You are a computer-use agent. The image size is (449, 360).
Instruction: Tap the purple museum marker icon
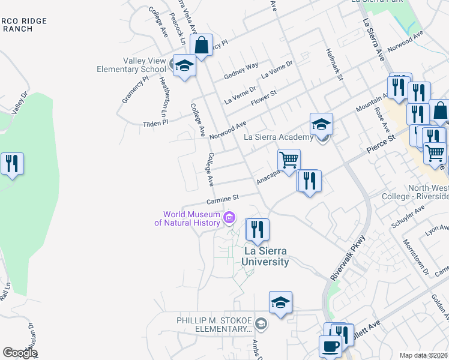pyautogui.click(x=229, y=218)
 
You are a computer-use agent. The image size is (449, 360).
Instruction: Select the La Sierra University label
pyautogui.click(x=266, y=256)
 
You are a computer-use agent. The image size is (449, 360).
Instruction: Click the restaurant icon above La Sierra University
pyautogui.click(x=258, y=230)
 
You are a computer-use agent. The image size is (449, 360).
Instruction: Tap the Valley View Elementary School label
pyautogui.click(x=131, y=65)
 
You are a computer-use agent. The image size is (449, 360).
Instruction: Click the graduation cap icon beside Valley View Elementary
pyautogui.click(x=184, y=65)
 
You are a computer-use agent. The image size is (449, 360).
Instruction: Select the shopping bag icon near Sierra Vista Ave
pyautogui.click(x=202, y=45)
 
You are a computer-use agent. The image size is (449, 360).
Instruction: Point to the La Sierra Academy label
pyautogui.click(x=279, y=137)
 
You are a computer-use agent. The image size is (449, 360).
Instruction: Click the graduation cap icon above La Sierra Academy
pyautogui.click(x=321, y=125)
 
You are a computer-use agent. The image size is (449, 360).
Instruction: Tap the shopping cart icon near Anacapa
pyautogui.click(x=289, y=161)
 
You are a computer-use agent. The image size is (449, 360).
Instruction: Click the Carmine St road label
pyautogui.click(x=223, y=198)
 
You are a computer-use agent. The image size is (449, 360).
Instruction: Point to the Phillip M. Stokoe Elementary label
pyautogui.click(x=213, y=325)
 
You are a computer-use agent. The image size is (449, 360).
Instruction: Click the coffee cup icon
pyautogui.click(x=330, y=347)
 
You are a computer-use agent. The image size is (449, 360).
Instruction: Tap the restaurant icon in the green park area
pyautogui.click(x=12, y=163)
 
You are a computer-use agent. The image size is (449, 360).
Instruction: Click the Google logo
pyautogui.click(x=20, y=353)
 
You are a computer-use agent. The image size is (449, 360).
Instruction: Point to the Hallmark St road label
pyautogui.click(x=334, y=65)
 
